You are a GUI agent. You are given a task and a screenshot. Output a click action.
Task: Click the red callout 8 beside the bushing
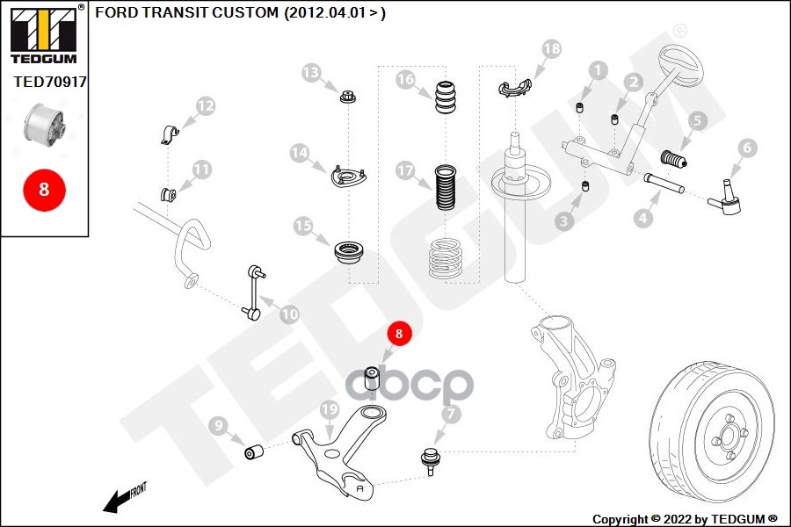398,334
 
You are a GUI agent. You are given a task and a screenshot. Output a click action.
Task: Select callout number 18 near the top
550,49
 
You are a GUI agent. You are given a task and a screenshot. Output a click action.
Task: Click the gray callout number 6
746,148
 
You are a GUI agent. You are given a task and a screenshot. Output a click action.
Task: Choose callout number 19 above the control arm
330,409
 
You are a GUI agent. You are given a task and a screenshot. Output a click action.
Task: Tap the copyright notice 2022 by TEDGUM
685,518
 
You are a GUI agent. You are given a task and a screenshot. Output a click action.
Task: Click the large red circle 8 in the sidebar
44,188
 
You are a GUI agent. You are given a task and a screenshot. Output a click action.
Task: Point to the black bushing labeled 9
255,452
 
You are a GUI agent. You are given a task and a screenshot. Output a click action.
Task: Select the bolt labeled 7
430,459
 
